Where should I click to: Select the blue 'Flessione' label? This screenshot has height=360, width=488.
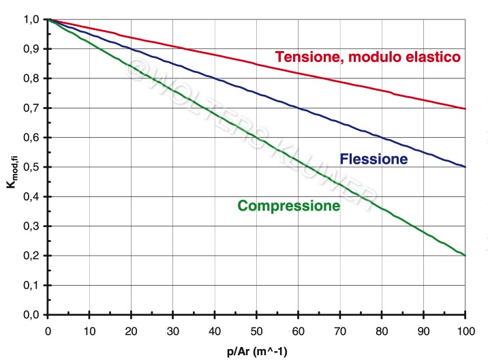pyautogui.click(x=373, y=160)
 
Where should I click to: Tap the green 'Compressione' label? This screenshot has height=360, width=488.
pyautogui.click(x=288, y=205)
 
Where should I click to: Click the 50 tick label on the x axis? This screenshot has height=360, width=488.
pyautogui.click(x=256, y=331)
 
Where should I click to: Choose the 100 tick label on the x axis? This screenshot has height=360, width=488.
pyautogui.click(x=465, y=331)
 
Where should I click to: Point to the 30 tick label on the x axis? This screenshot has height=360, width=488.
pyautogui.click(x=172, y=331)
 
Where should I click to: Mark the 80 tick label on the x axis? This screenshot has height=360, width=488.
pyautogui.click(x=381, y=331)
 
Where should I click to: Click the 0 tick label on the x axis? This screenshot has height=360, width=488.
pyautogui.click(x=47, y=331)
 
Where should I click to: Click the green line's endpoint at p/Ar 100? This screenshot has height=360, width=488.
pyautogui.click(x=465, y=256)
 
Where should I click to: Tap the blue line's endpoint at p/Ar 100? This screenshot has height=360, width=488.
pyautogui.click(x=465, y=167)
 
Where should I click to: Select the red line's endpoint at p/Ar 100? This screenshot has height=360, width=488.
pyautogui.click(x=465, y=108)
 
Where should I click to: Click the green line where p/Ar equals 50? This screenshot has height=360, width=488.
pyautogui.click(x=256, y=138)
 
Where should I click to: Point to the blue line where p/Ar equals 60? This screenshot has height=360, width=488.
pyautogui.click(x=298, y=108)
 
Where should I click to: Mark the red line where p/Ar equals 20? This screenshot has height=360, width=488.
pyautogui.click(x=131, y=37)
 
